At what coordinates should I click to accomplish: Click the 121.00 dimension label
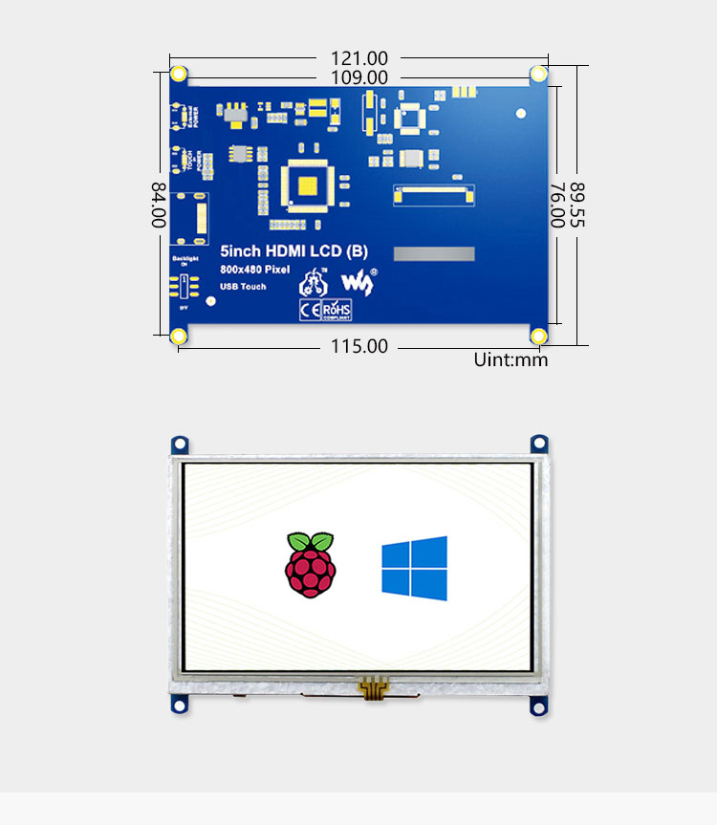(x=359, y=58)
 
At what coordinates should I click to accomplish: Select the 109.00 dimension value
(x=359, y=77)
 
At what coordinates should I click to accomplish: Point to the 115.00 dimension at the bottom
(x=359, y=346)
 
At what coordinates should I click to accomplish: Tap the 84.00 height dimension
(x=159, y=205)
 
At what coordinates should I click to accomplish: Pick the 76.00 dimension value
(x=556, y=205)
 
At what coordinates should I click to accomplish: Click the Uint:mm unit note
(x=511, y=360)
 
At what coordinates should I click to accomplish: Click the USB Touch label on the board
(x=243, y=287)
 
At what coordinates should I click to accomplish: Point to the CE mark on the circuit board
(x=310, y=309)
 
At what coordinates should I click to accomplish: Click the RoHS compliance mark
(x=337, y=310)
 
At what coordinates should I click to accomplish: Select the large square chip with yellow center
(x=310, y=185)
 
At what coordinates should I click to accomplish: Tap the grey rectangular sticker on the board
(x=435, y=254)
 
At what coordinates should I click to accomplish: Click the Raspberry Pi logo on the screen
(x=311, y=565)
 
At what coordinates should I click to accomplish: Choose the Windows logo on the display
(x=414, y=569)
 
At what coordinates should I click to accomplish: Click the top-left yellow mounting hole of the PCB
(x=179, y=75)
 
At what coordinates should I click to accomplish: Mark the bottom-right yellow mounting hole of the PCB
(x=538, y=336)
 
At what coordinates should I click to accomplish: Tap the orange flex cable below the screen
(x=374, y=685)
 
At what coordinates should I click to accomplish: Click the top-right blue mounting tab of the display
(x=539, y=444)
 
